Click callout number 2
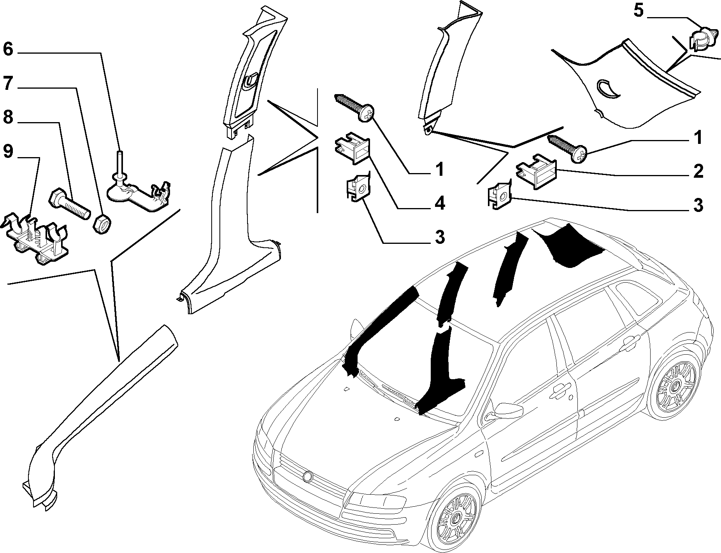698,171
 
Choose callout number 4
440,203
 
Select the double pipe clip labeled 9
37,238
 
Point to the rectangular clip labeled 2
536,170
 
